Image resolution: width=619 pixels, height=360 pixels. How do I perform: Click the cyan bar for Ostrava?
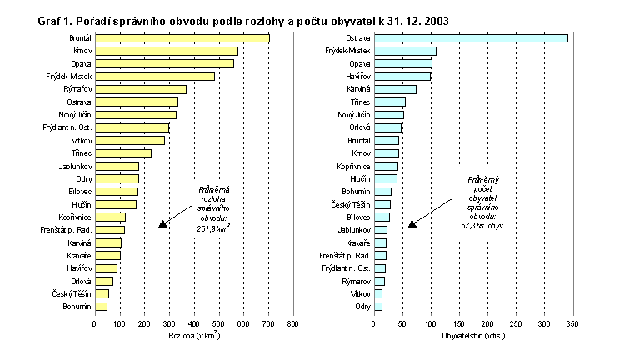[x=471, y=38]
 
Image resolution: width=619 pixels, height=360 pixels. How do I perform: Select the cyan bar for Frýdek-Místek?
[x=405, y=51]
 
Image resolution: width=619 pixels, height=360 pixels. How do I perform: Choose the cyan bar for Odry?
[x=378, y=307]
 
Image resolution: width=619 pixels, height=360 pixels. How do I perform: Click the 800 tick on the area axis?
[x=292, y=322]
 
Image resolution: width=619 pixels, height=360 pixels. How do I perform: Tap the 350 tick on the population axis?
[x=572, y=322]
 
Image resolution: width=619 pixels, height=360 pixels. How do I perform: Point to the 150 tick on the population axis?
[x=459, y=322]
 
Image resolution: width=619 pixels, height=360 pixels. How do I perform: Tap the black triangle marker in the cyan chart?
[x=412, y=224]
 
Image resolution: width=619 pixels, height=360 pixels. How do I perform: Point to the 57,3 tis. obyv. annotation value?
[x=485, y=225]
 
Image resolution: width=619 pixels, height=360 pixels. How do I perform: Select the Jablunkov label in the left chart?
[x=75, y=166]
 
